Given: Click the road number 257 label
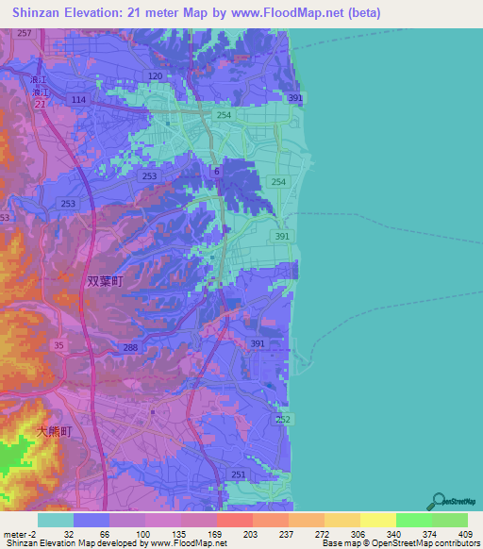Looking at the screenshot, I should [x=24, y=34].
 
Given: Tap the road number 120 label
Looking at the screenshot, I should [x=156, y=75].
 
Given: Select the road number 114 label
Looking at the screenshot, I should [x=78, y=99].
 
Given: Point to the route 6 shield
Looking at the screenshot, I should [x=216, y=171].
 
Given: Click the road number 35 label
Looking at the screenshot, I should [x=58, y=345].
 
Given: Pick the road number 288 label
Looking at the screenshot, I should [x=129, y=348].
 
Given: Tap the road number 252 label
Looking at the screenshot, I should [x=285, y=418].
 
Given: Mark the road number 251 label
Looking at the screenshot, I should [x=239, y=474].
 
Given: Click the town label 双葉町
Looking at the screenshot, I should [x=105, y=280].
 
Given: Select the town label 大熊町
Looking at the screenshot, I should [x=55, y=430].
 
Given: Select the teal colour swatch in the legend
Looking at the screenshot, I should [x=56, y=520].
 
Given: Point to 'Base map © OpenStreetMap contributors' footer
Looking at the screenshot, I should [x=400, y=543].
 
